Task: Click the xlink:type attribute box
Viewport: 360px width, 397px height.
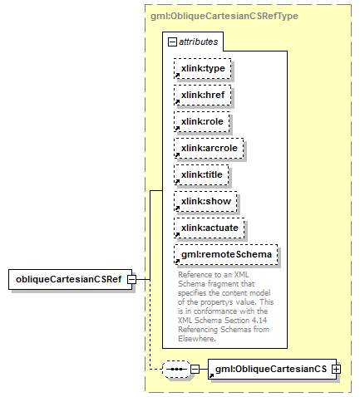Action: (203, 68)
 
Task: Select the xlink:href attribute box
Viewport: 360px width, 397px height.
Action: (203, 95)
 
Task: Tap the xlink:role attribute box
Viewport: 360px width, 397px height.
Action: (202, 121)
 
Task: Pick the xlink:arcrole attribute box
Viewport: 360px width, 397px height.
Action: (209, 148)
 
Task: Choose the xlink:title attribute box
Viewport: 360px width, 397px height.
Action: (201, 174)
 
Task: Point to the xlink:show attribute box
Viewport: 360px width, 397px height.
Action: (205, 201)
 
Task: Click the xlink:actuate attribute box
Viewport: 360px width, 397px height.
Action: (210, 228)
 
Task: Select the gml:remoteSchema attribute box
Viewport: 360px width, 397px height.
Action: (226, 254)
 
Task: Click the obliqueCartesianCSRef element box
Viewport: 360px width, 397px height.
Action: (71, 279)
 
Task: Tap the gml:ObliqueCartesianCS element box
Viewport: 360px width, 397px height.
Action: (272, 369)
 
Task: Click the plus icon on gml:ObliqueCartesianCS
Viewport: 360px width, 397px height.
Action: (337, 369)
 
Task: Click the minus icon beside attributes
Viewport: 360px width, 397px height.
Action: (172, 42)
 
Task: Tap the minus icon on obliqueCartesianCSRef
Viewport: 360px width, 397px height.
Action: (132, 279)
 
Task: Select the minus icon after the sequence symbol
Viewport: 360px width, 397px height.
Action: (195, 369)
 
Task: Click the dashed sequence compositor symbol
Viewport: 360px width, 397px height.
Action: (176, 369)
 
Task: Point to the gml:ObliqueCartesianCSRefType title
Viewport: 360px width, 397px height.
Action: (224, 16)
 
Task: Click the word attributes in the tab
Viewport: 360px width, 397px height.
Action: (199, 42)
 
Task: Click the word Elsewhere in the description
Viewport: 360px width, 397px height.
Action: (197, 339)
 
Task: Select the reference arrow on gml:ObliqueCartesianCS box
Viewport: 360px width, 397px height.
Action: (211, 375)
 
